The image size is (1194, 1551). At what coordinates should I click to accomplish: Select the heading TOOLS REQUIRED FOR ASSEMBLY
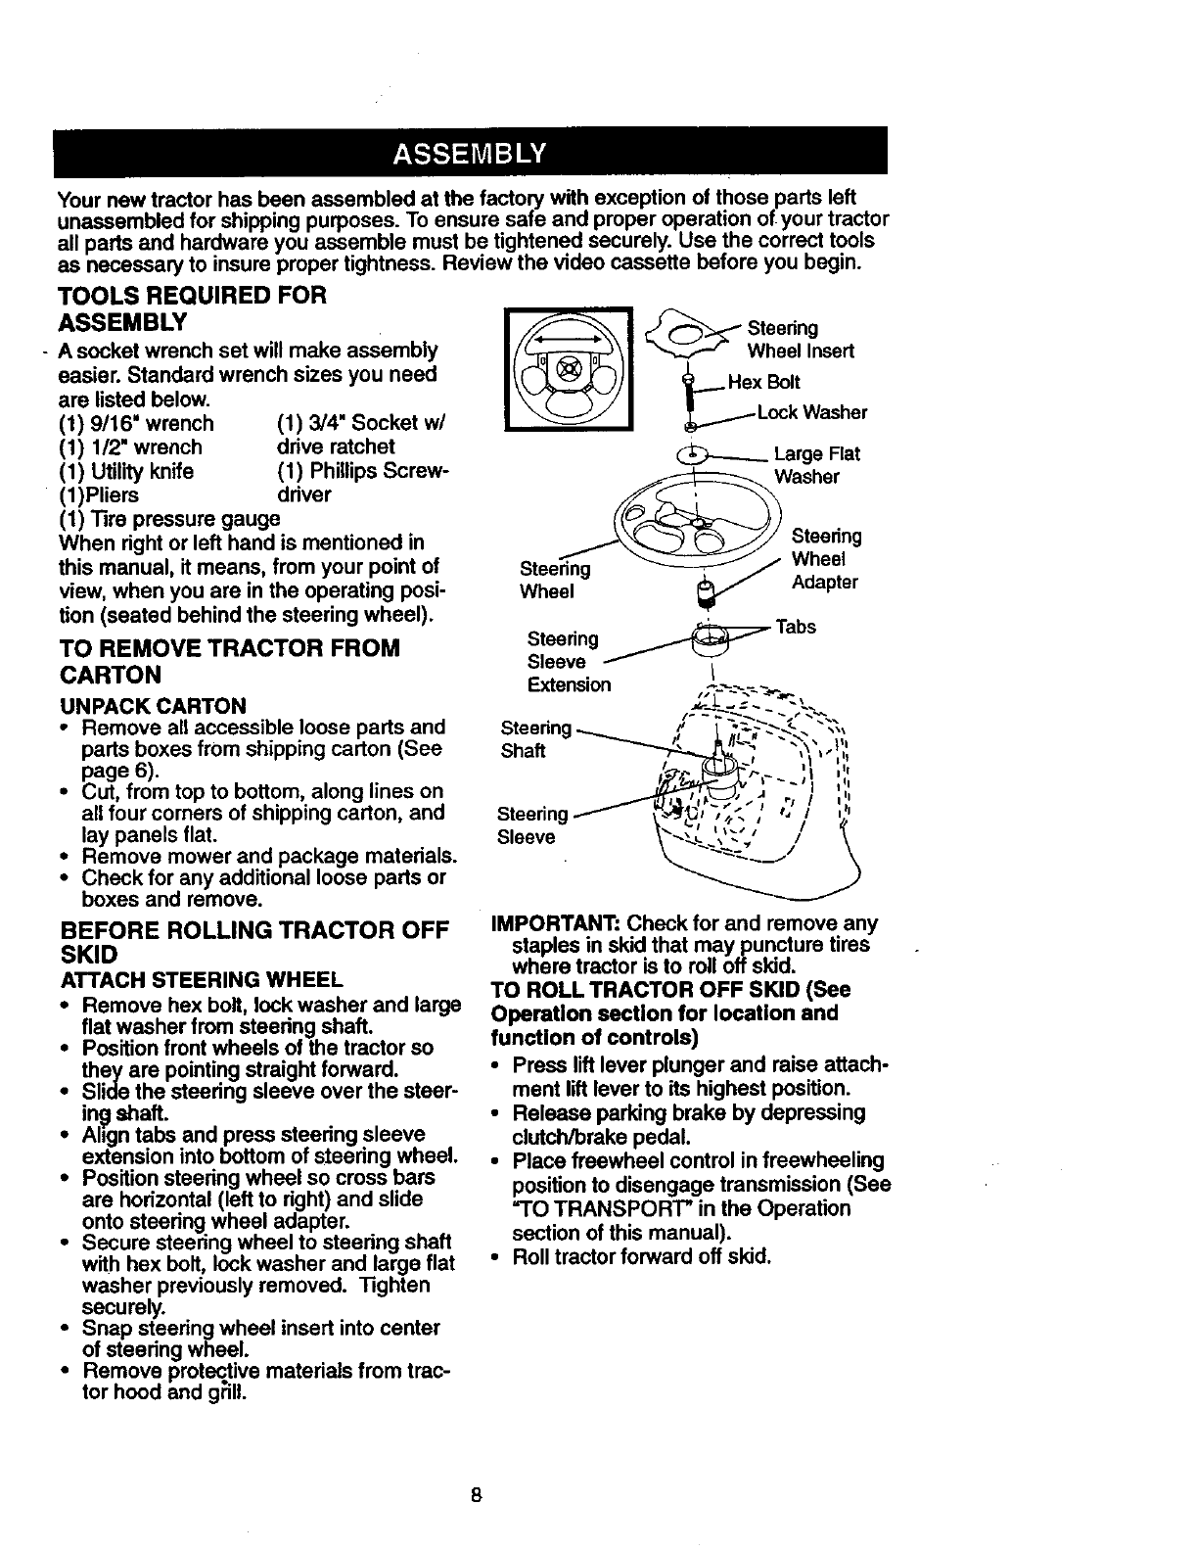[x=191, y=308]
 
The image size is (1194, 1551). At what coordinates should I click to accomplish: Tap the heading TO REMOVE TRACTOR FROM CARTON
[x=229, y=662]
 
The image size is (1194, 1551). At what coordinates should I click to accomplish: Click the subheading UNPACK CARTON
[x=153, y=706]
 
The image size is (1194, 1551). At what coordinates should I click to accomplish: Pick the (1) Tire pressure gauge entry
[x=169, y=518]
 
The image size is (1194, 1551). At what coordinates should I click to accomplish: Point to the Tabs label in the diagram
[x=796, y=627]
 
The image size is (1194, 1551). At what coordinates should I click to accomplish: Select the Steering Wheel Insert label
[x=801, y=339]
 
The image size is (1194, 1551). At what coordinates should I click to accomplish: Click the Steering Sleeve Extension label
[x=569, y=662]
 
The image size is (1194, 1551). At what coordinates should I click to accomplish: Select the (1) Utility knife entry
[x=126, y=471]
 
